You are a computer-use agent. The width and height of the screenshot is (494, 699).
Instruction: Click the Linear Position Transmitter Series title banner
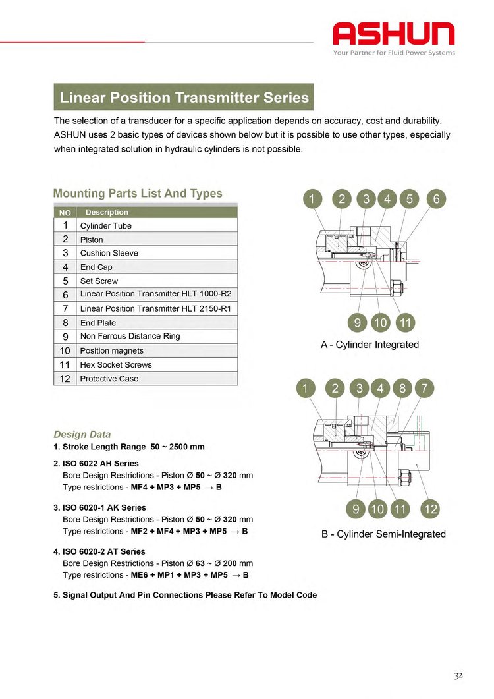coord(184,97)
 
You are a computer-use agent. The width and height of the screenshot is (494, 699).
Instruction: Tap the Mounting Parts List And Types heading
coord(138,194)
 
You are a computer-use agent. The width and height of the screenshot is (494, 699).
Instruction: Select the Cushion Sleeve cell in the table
coord(157,253)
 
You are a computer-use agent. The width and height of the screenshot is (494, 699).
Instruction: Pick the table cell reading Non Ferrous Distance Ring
coord(157,336)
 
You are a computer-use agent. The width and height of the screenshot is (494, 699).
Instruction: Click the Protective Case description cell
coord(157,378)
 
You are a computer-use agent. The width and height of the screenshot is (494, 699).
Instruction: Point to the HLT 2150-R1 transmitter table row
coord(146,308)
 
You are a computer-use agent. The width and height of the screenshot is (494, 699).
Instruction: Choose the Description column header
coord(157,212)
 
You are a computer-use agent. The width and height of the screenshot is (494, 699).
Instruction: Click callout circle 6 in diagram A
coord(436,199)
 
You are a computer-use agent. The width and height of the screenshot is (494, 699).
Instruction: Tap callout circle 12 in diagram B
coord(431,509)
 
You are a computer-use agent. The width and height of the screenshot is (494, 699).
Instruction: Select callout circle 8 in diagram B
coord(402,388)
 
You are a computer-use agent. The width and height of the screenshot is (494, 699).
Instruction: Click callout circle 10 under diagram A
coord(380,322)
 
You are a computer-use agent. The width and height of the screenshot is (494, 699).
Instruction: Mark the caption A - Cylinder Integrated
coord(370,345)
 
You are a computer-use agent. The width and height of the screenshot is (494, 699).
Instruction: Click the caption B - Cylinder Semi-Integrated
coord(383,534)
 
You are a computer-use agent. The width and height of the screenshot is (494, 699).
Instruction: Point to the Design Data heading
coord(82,435)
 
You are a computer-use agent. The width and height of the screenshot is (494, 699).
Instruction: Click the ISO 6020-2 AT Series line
coord(99,551)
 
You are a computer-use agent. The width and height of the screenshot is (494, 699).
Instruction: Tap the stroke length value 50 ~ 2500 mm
coord(177,447)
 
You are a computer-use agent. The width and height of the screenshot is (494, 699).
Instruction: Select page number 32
coord(458,676)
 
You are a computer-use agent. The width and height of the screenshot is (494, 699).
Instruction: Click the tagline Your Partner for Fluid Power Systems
coord(394,53)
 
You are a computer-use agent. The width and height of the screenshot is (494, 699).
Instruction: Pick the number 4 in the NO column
coord(65,267)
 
